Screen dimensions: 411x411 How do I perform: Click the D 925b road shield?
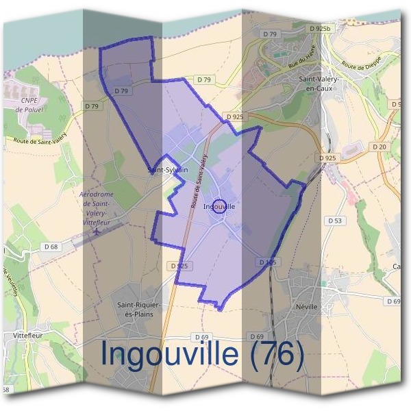click(x=320, y=29)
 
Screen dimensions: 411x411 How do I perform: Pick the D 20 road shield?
click(x=380, y=147)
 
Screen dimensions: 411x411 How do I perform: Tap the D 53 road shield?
click(x=335, y=221)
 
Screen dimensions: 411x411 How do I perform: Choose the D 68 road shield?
click(x=51, y=247)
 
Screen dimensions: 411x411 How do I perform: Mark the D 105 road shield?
click(x=267, y=262)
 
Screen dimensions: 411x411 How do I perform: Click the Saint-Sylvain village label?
click(x=169, y=169)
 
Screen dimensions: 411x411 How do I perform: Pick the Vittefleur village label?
click(x=29, y=336)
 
